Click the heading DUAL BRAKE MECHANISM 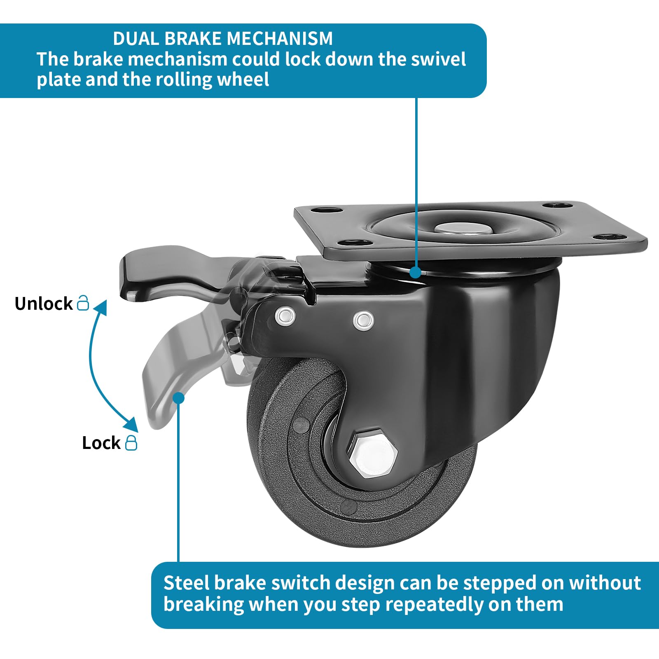tap(223, 39)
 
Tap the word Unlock tap(44, 304)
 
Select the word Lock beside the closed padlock tap(101, 443)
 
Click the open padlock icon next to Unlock tap(83, 302)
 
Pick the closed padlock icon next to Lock tap(131, 442)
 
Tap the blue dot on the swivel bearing tap(416, 272)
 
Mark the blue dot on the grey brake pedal tap(178, 398)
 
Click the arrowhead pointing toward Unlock tap(101, 307)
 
